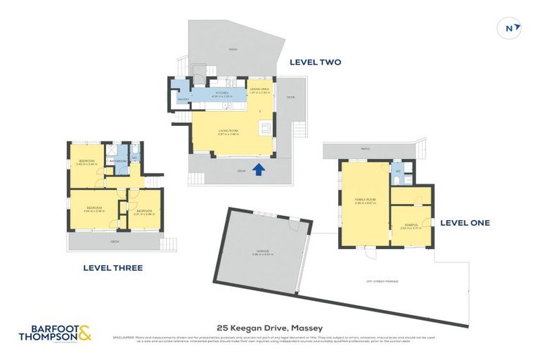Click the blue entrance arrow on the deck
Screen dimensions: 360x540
tap(259, 169)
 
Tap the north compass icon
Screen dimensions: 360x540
tap(511, 27)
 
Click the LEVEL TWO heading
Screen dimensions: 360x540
tap(315, 63)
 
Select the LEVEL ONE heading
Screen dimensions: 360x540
tap(465, 223)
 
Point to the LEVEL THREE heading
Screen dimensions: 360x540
tap(112, 268)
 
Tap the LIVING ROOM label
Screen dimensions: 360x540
tap(226, 131)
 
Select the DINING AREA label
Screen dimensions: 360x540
tap(259, 90)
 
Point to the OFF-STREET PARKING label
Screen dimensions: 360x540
tap(382, 281)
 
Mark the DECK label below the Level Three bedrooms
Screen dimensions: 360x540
tap(115, 242)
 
